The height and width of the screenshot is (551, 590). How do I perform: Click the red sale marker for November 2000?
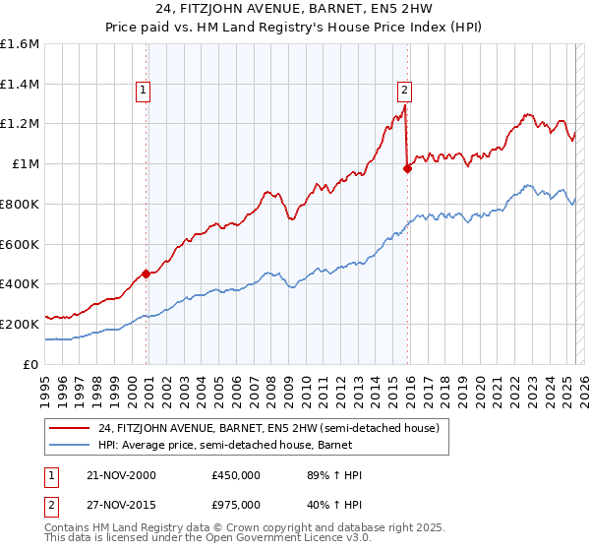tap(147, 275)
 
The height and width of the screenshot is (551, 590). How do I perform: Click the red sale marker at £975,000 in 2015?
tap(407, 168)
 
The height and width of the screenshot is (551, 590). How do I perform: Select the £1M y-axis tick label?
tap(26, 164)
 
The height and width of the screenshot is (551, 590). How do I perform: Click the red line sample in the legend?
tap(70, 428)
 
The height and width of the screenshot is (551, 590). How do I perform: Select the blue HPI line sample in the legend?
tap(70, 445)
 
